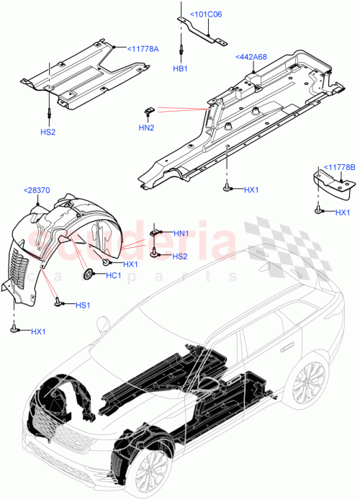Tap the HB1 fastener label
[x=180, y=68]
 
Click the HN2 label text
[x=146, y=128]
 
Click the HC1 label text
[x=114, y=275]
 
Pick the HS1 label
[x=84, y=305]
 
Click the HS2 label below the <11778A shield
[x=48, y=133]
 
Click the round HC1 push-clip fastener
[x=91, y=272]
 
